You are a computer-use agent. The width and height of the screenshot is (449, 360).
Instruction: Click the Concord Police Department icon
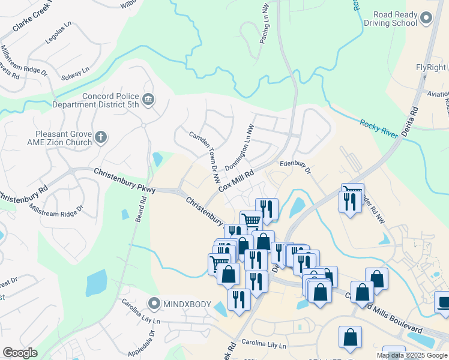(148, 98)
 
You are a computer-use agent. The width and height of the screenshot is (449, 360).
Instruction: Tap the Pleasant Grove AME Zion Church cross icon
(101, 137)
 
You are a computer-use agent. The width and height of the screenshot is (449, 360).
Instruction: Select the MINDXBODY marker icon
(154, 304)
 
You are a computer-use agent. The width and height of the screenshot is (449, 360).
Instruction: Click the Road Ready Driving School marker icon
(426, 19)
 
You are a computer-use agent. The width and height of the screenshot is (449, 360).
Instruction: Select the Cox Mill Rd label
(237, 180)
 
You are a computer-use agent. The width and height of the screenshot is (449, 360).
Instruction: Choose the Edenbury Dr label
(295, 167)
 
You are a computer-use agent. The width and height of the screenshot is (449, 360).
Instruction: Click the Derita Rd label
(415, 121)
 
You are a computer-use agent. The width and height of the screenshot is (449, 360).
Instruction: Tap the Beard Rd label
(143, 208)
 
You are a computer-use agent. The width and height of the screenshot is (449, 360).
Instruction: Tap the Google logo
(20, 353)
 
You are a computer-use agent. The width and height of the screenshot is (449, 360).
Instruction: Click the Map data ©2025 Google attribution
(412, 355)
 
